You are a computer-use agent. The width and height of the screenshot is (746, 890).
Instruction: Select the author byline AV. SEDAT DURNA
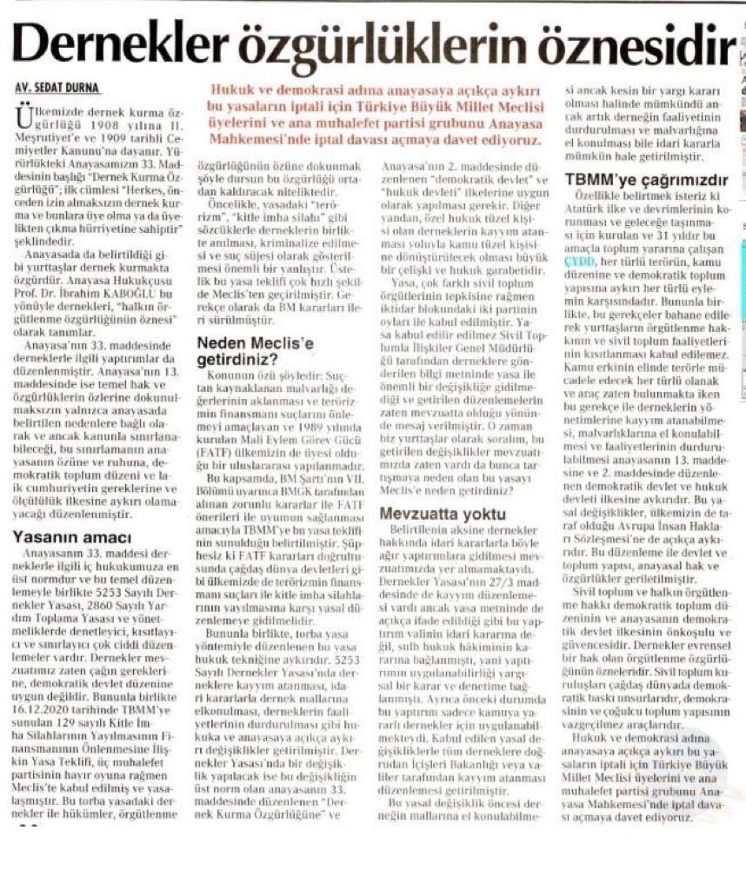tap(58, 88)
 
